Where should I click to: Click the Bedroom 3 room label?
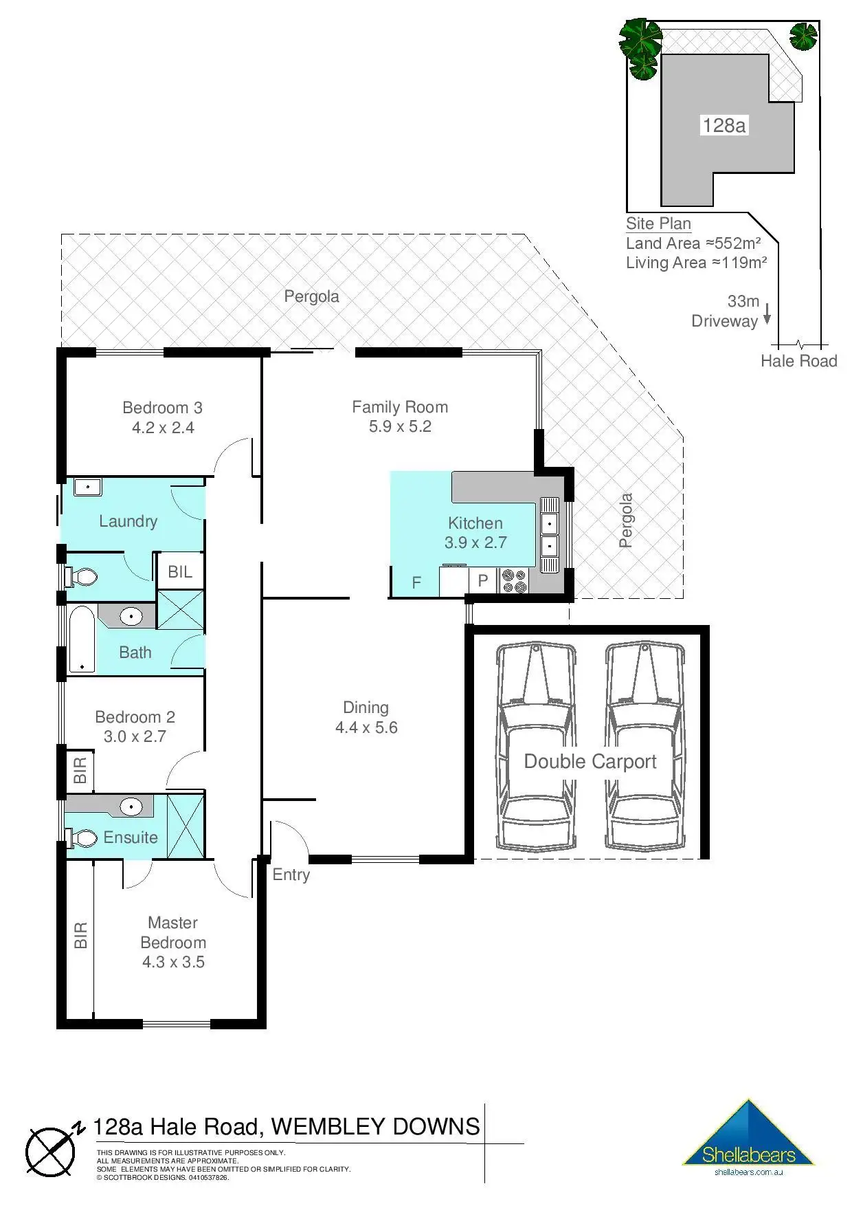(163, 417)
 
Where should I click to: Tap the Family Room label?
(400, 417)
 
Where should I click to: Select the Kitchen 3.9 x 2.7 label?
(475, 533)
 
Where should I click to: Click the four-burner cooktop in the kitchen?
(515, 581)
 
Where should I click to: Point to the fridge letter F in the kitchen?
(416, 583)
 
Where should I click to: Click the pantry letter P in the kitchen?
(483, 581)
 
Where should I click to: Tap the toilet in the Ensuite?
(81, 838)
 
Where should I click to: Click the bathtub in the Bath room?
(82, 639)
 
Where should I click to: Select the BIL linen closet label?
(180, 571)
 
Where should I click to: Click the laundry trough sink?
(88, 487)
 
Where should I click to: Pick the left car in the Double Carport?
(536, 747)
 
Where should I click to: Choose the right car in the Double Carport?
(644, 747)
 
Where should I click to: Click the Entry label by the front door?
(291, 875)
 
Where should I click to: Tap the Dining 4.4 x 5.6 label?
(366, 718)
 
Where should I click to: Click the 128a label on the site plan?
(724, 125)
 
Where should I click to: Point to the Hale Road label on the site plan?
(799, 361)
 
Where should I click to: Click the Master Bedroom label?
(173, 942)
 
